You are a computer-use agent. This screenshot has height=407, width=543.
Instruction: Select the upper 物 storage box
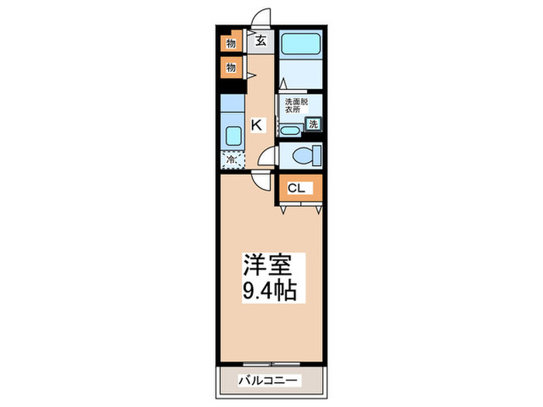tap(230, 43)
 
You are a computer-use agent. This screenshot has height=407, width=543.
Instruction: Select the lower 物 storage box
tap(230, 68)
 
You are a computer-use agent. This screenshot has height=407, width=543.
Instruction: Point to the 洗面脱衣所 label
tap(296, 106)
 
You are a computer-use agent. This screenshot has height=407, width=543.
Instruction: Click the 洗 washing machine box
tap(313, 123)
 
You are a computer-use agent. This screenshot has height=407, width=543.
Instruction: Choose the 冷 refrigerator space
tap(231, 160)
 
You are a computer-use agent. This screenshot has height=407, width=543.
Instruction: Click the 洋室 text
tap(269, 266)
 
